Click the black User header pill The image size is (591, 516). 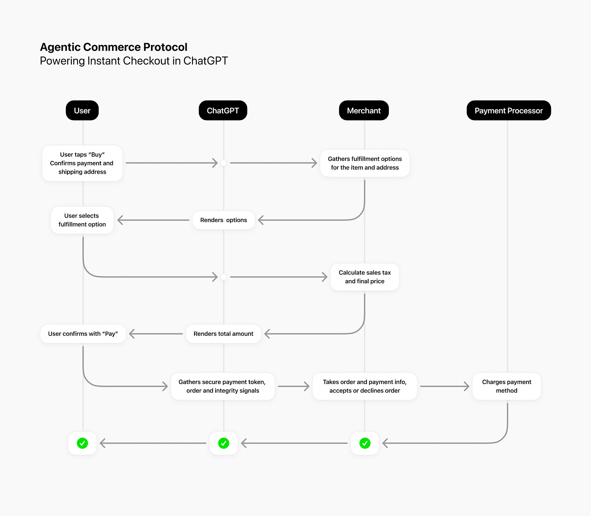82,110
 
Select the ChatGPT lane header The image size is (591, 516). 223,110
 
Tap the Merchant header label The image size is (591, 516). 364,110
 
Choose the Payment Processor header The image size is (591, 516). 509,110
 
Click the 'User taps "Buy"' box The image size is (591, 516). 82,163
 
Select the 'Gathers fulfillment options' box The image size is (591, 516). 365,163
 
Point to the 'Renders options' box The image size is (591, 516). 223,220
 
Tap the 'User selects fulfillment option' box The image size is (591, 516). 82,220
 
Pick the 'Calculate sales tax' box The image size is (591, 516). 365,277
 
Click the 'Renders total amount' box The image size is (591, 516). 223,334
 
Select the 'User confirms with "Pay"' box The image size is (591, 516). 83,334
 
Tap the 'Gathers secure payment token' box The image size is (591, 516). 222,386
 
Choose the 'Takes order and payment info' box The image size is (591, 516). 365,386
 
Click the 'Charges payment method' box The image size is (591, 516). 507,386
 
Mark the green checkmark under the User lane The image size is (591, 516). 82,443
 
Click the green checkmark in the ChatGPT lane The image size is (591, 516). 224,443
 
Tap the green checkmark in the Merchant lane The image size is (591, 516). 365,443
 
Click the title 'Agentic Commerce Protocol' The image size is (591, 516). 114,47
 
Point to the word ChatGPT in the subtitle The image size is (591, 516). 205,61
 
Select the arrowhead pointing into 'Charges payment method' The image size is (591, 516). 467,386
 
